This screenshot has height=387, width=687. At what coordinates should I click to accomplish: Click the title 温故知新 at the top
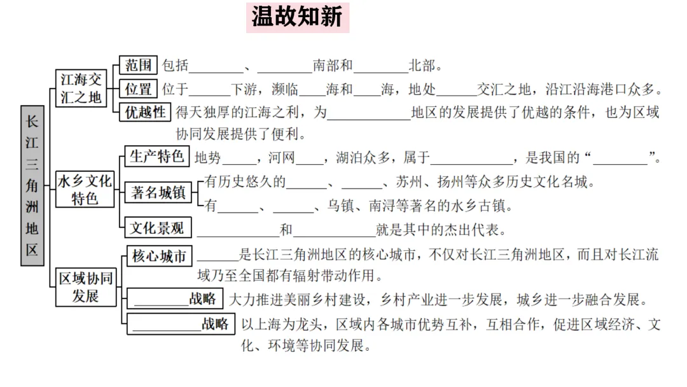[x=297, y=17]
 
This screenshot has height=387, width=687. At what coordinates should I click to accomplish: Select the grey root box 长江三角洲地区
[x=32, y=185]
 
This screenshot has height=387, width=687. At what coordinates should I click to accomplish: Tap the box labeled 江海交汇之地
[x=81, y=88]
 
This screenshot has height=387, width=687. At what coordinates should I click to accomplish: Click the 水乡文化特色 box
[x=85, y=189]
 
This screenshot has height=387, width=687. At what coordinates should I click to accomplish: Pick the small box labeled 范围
[x=138, y=65]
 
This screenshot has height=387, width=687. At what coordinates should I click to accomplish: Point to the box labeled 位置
[x=138, y=88]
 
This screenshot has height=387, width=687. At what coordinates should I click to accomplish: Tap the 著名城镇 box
[x=158, y=193]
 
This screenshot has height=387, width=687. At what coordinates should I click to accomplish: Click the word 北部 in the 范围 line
[x=422, y=66]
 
